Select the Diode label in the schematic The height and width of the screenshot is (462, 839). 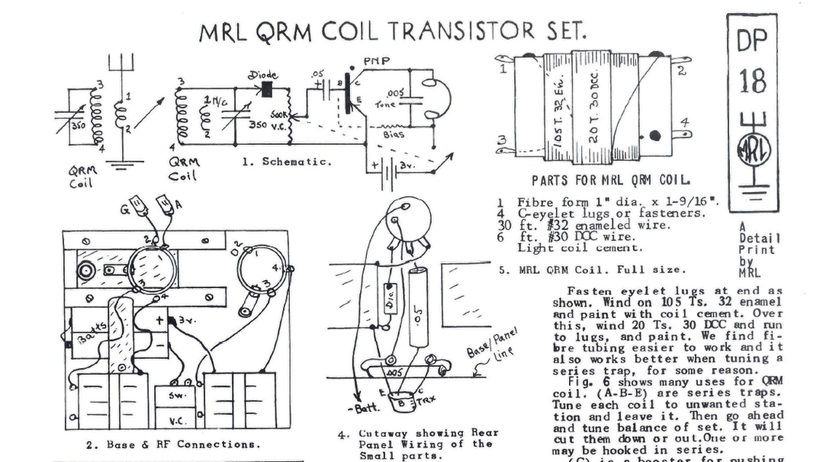coord(264,75)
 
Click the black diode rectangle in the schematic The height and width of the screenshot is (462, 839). coord(268,90)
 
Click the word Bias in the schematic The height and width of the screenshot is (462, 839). coord(394,133)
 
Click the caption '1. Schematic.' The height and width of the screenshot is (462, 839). coord(286,162)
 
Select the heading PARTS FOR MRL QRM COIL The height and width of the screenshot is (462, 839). coord(612,181)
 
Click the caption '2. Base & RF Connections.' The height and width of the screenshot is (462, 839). coord(172,443)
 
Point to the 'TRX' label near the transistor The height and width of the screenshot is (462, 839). coord(426,401)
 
